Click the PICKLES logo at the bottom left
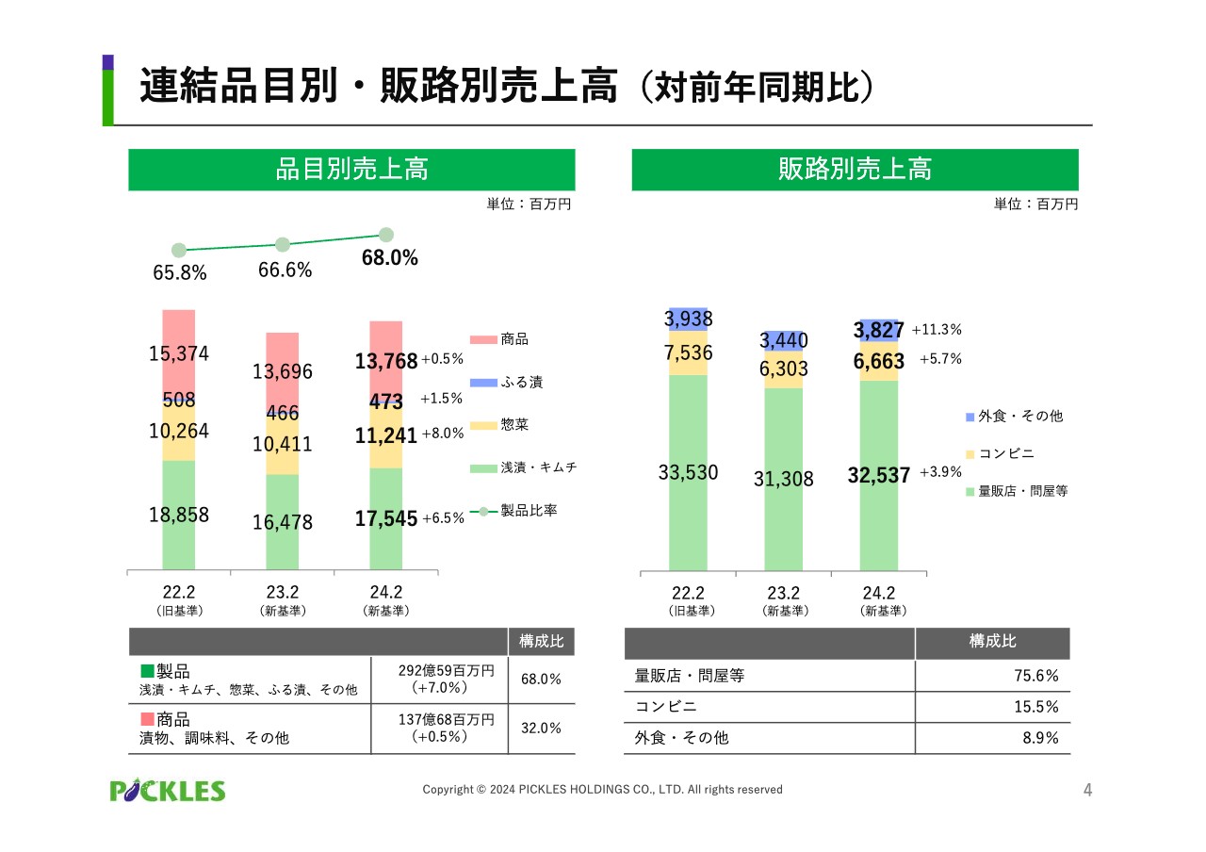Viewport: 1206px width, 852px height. click(168, 790)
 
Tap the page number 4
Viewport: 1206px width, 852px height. click(1087, 790)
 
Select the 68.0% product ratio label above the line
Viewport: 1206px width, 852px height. click(390, 258)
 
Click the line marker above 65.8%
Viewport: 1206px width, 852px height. click(178, 251)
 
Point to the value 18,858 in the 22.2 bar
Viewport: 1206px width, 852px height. click(178, 515)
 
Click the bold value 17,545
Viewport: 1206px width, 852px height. click(386, 517)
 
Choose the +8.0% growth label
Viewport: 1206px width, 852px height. click(443, 434)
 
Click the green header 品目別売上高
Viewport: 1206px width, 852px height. click(351, 170)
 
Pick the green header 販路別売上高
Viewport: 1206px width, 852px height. click(855, 170)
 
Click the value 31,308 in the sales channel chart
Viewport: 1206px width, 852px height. click(783, 480)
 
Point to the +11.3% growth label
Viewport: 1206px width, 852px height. click(937, 330)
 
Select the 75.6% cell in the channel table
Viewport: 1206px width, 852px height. click(1040, 676)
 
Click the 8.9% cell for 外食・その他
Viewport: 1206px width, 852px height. click(1040, 738)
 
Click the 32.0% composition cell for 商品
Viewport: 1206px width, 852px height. click(541, 728)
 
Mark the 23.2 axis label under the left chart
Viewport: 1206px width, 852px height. click(282, 592)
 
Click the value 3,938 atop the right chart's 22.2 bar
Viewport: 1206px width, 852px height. click(688, 319)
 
